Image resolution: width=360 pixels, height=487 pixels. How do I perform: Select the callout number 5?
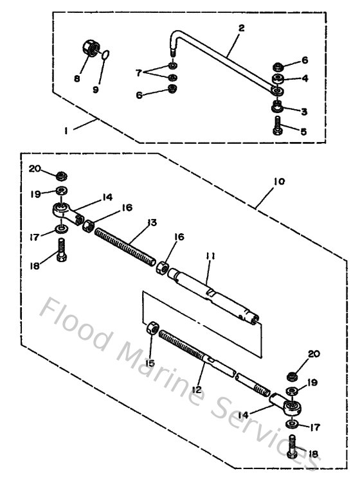coord(303,130)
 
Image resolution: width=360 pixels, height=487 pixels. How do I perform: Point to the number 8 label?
coord(76,79)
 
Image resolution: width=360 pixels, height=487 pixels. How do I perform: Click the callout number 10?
coord(279,182)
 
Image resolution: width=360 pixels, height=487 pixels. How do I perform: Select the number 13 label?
coord(151,222)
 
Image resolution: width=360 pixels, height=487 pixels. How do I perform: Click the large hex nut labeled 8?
coord(91,49)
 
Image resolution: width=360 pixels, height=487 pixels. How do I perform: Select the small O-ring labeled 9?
coord(107,57)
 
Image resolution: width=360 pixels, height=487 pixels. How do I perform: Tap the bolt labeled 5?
coord(278,129)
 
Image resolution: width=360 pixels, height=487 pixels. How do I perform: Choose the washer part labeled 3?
coord(278,108)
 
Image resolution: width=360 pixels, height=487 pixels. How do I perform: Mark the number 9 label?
coord(96,90)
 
